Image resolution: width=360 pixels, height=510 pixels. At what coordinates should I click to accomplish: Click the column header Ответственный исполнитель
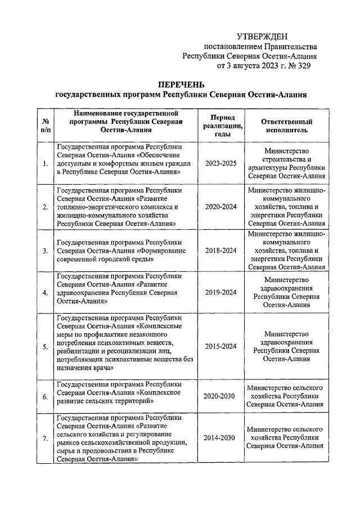(286, 124)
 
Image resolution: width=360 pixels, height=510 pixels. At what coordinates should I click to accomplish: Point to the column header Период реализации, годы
(224, 124)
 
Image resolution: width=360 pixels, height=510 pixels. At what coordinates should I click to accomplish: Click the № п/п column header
(44, 124)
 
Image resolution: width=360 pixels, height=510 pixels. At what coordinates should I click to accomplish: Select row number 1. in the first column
(44, 164)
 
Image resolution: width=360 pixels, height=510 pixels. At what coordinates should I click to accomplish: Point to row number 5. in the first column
(44, 346)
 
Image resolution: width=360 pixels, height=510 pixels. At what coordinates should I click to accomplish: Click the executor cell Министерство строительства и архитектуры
(286, 164)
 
